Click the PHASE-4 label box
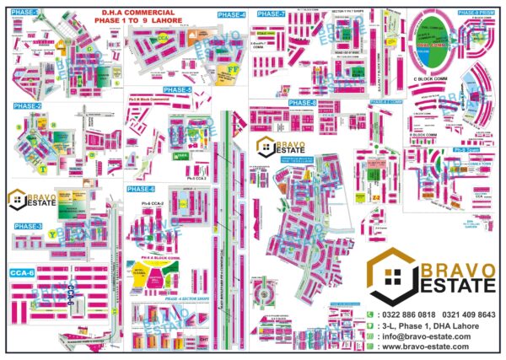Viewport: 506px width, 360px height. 231,15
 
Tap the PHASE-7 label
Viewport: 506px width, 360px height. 271,14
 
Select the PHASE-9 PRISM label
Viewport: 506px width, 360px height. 476,13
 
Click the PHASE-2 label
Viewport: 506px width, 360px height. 28,106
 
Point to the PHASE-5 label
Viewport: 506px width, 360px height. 178,89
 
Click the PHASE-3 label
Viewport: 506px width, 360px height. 28,226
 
